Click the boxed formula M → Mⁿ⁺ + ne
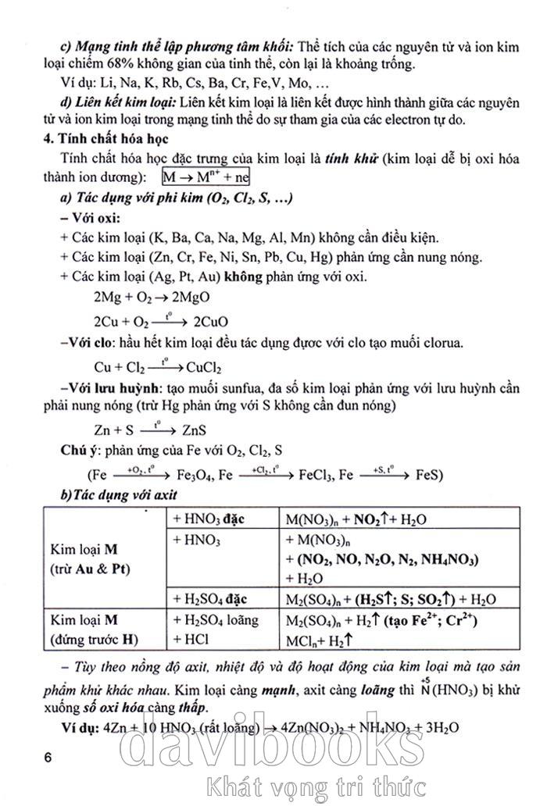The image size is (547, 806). pyautogui.click(x=216, y=177)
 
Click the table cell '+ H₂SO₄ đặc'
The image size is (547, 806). pyautogui.click(x=210, y=599)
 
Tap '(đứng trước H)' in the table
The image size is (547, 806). pyautogui.click(x=94, y=640)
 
